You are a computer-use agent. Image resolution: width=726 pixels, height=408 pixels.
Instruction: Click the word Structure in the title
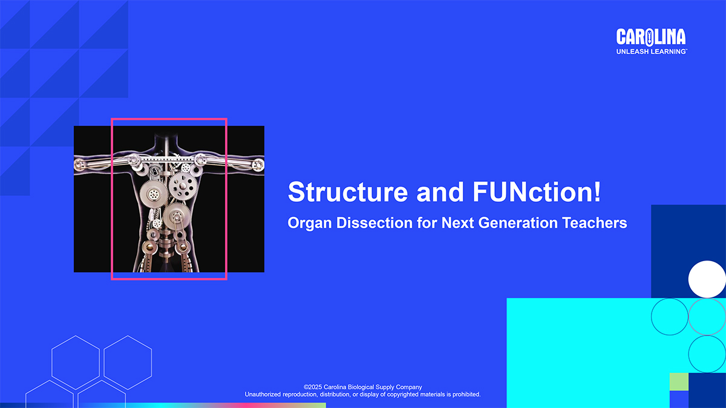pyautogui.click(x=348, y=192)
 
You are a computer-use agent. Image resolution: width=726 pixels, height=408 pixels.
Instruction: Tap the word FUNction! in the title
pyautogui.click(x=537, y=192)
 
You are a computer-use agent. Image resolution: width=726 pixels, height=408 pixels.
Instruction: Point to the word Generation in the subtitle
pyautogui.click(x=518, y=223)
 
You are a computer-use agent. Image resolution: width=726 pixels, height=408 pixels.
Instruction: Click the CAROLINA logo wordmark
pyautogui.click(x=651, y=37)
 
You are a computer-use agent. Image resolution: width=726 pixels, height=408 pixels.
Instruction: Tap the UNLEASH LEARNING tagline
pyautogui.click(x=652, y=51)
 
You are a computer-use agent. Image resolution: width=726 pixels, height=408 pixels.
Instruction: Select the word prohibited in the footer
pyautogui.click(x=466, y=394)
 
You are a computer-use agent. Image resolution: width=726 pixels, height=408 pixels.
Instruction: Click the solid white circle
pyautogui.click(x=707, y=279)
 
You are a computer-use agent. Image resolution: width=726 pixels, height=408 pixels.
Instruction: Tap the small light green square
pyautogui.click(x=679, y=382)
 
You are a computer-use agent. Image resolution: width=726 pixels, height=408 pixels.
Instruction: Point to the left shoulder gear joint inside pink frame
pyautogui.click(x=134, y=160)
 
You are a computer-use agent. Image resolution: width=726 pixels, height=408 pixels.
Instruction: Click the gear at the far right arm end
pyautogui.click(x=258, y=165)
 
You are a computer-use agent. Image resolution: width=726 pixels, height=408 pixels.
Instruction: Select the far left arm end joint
pyautogui.click(x=79, y=165)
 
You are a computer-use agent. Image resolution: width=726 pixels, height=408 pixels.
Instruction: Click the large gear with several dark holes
pyautogui.click(x=183, y=186)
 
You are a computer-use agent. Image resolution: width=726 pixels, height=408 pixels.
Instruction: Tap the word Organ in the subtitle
pyautogui.click(x=310, y=224)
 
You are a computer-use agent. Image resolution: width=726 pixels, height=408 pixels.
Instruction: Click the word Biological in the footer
pyautogui.click(x=361, y=387)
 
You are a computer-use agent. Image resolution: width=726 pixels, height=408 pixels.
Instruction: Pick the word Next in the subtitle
pyautogui.click(x=457, y=223)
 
